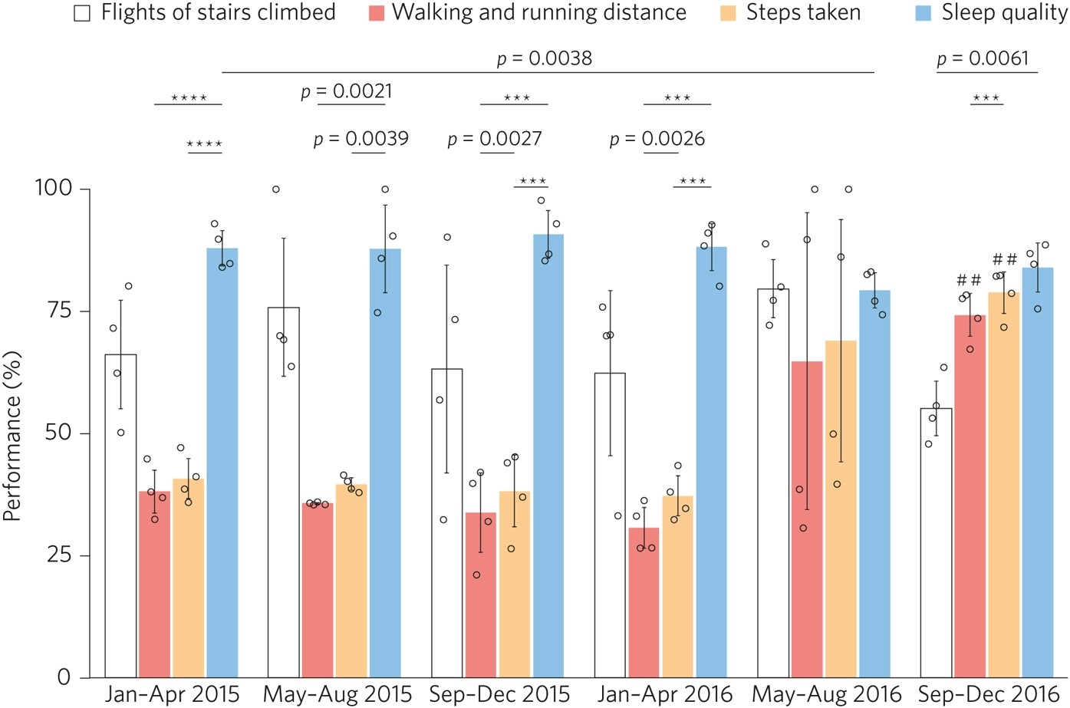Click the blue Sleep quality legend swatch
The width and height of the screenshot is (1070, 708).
pyautogui.click(x=923, y=14)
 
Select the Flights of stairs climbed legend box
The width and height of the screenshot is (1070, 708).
pyautogui.click(x=82, y=14)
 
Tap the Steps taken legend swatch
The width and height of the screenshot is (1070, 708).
pyautogui.click(x=729, y=14)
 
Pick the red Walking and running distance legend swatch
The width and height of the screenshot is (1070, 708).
pyautogui.click(x=376, y=14)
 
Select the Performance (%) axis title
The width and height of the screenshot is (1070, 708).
pyautogui.click(x=12, y=436)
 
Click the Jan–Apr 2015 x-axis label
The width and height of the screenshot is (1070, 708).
pyautogui.click(x=172, y=693)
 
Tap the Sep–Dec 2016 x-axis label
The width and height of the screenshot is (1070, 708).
pyautogui.click(x=988, y=693)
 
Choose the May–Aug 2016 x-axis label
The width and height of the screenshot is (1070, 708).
pyautogui.click(x=826, y=693)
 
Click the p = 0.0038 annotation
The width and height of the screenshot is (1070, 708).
pyautogui.click(x=545, y=58)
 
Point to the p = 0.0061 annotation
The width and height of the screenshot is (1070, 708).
pyautogui.click(x=983, y=58)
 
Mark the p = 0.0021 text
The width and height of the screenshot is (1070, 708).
pyautogui.click(x=346, y=92)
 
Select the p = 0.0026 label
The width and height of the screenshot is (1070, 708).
pyautogui.click(x=657, y=139)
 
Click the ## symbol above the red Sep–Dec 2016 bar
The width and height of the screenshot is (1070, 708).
pyautogui.click(x=969, y=280)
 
